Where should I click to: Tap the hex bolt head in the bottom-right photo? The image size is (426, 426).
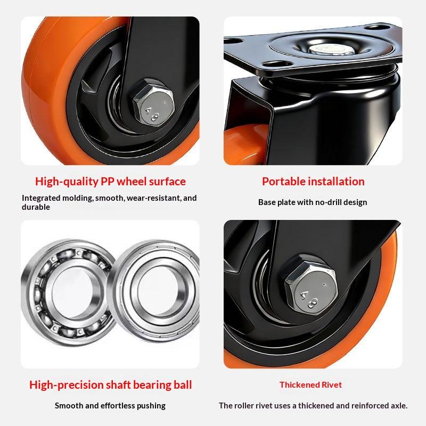pyautogui.click(x=311, y=285)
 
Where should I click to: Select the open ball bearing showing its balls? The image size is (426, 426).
pyautogui.click(x=68, y=292)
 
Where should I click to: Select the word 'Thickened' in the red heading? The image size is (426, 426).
pyautogui.click(x=299, y=384)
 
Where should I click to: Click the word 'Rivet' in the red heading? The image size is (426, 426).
pyautogui.click(x=331, y=384)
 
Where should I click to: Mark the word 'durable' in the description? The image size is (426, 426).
pyautogui.click(x=36, y=207)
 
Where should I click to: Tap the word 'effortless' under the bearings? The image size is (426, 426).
pyautogui.click(x=118, y=406)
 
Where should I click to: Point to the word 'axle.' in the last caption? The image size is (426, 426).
pyautogui.click(x=399, y=406)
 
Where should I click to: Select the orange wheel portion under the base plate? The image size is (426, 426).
pyautogui.click(x=244, y=144)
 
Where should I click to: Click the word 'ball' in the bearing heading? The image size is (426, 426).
pyautogui.click(x=183, y=384)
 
